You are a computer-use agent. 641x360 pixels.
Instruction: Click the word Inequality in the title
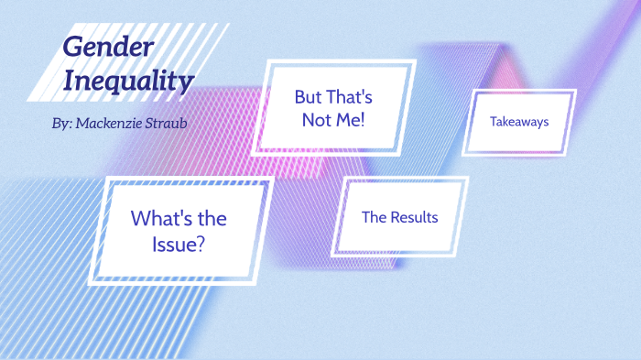coord(128,81)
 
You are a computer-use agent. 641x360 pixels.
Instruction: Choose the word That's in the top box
coord(351,96)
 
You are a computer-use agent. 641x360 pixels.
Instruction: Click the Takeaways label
coord(519,121)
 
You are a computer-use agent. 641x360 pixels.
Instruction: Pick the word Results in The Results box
coord(414,217)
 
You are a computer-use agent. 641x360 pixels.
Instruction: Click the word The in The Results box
coord(375,217)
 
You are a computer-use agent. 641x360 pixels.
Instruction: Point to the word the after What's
coord(212,219)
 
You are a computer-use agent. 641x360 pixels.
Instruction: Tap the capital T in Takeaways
coord(494,121)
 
